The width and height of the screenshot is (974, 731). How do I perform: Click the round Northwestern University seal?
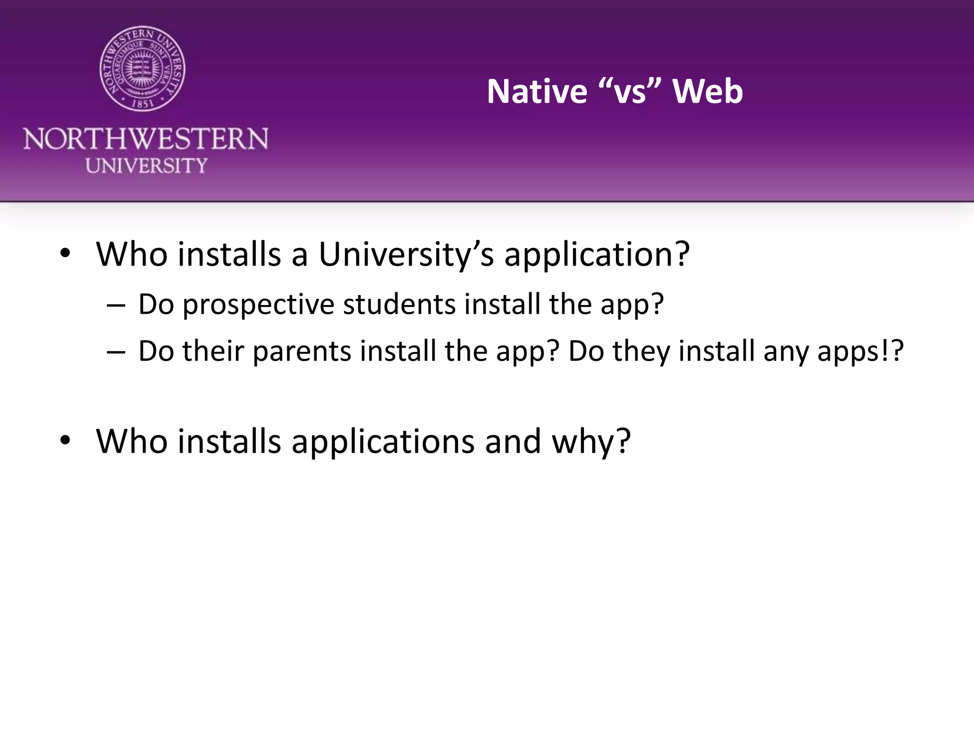(142, 69)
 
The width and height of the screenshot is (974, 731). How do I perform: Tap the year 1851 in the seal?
(142, 102)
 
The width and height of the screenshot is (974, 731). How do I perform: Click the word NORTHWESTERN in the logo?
(146, 139)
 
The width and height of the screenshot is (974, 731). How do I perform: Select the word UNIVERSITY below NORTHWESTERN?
(146, 166)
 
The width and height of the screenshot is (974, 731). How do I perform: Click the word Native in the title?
(537, 91)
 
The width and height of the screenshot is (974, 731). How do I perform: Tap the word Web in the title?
(708, 91)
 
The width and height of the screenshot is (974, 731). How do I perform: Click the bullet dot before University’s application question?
(65, 254)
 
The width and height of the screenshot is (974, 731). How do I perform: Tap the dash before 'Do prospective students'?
(116, 305)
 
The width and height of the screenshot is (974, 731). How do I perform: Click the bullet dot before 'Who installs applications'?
(65, 441)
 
